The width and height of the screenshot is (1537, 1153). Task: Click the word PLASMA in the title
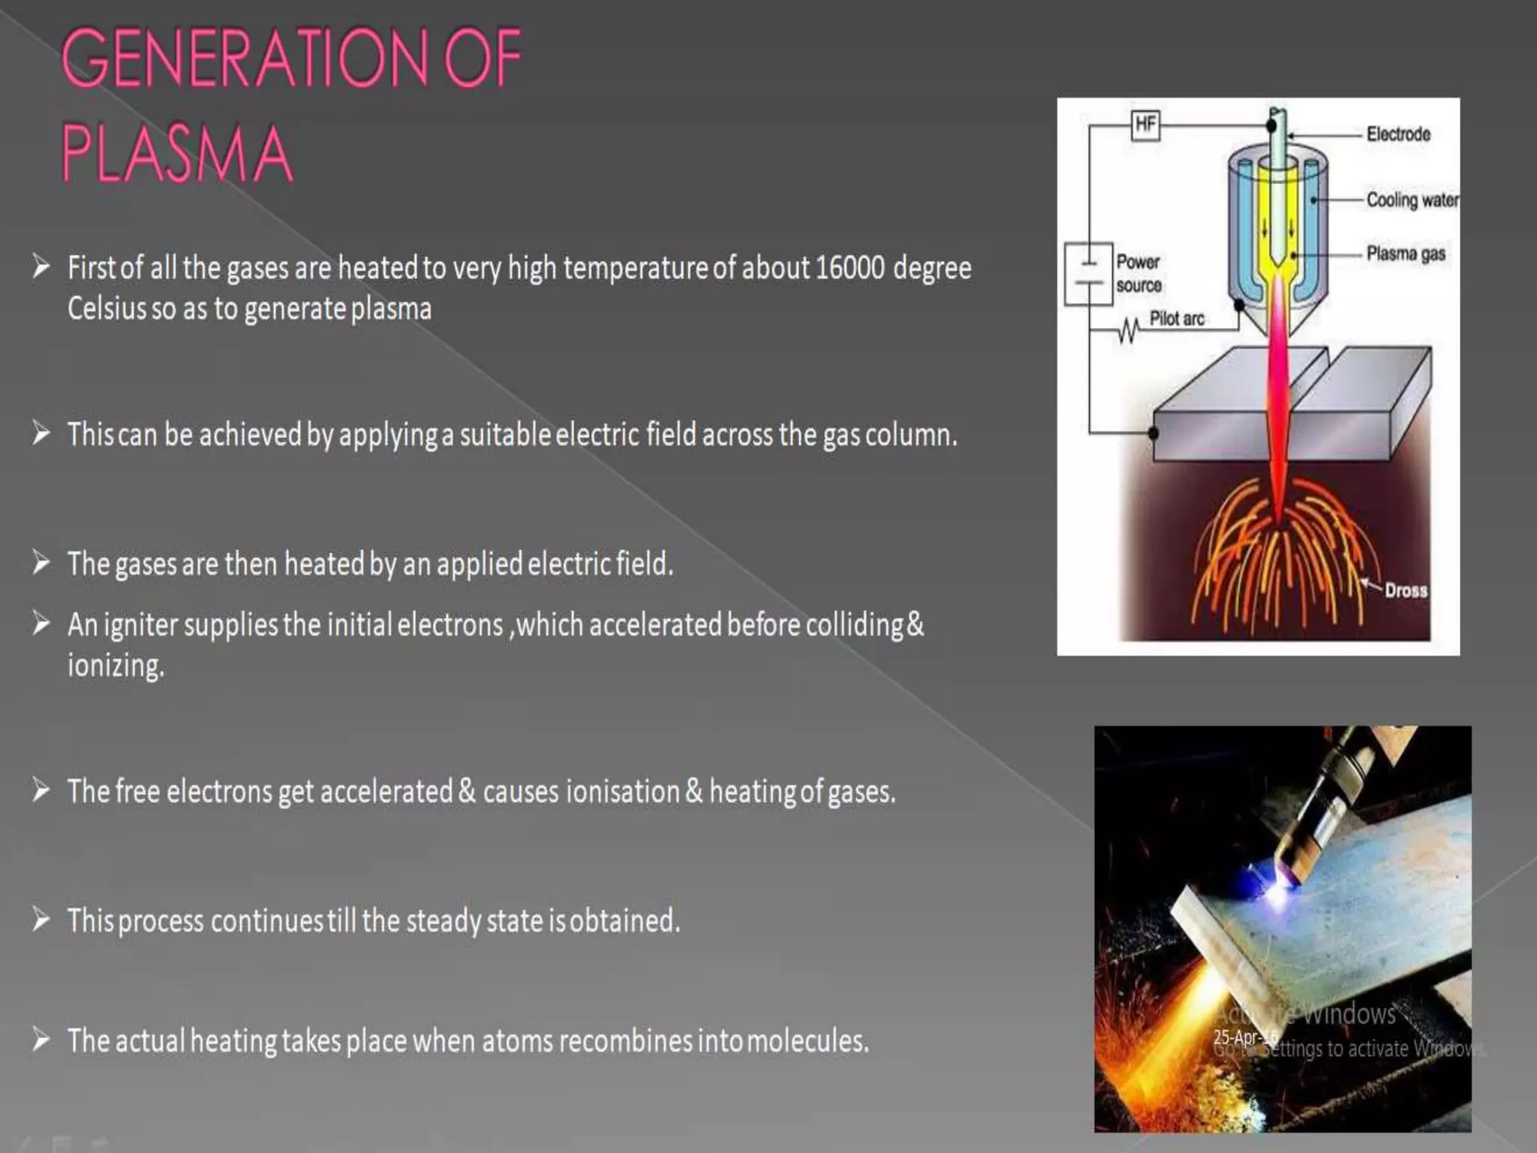click(177, 154)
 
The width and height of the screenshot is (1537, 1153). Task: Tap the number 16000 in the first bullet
click(850, 268)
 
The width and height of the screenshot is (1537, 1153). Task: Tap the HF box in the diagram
click(1145, 124)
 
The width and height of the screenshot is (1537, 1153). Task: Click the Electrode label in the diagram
click(1398, 134)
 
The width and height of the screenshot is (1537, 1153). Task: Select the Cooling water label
click(1412, 200)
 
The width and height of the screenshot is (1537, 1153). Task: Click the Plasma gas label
click(1406, 254)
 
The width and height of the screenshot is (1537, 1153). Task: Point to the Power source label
click(1138, 273)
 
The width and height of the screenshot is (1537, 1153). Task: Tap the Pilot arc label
click(1177, 318)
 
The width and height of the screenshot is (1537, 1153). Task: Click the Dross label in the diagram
click(1406, 590)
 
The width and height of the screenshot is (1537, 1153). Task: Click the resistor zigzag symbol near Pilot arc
click(1128, 330)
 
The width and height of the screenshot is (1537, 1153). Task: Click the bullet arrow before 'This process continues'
click(41, 920)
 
